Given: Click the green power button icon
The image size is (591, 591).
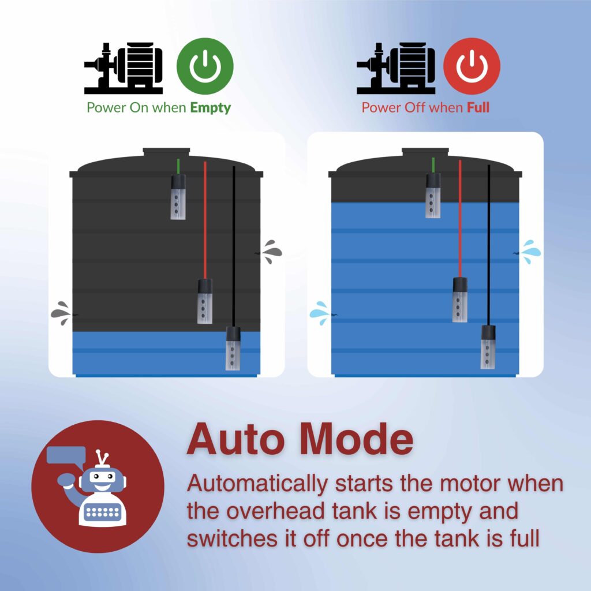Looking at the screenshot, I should pos(205,66).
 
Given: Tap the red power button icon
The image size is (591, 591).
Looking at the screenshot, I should pos(472,66).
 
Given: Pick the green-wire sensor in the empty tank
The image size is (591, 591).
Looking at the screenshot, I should pos(178,197).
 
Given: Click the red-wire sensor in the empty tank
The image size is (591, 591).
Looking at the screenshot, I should pos(205,301).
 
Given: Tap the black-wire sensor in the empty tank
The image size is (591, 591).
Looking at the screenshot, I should pos(233,349).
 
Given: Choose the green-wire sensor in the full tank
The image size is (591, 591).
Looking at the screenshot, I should pos(433,196).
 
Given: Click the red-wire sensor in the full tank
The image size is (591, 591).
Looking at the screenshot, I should pos(460,300).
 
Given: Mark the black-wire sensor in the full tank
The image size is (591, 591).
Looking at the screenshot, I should pos(488,347).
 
